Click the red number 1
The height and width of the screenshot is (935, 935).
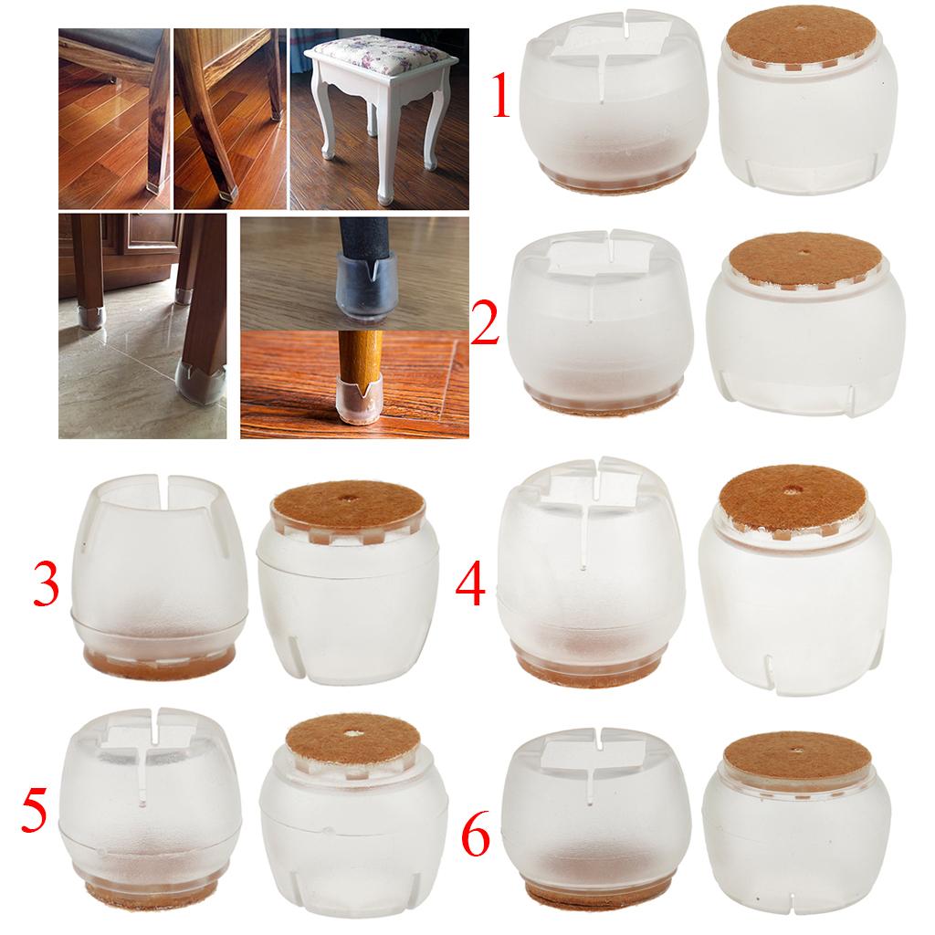pyautogui.click(x=500, y=94)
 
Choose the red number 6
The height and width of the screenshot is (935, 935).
pyautogui.click(x=476, y=835)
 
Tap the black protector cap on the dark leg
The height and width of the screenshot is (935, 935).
pyautogui.click(x=361, y=282)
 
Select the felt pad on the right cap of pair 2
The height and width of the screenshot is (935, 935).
pyautogui.click(x=805, y=258)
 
